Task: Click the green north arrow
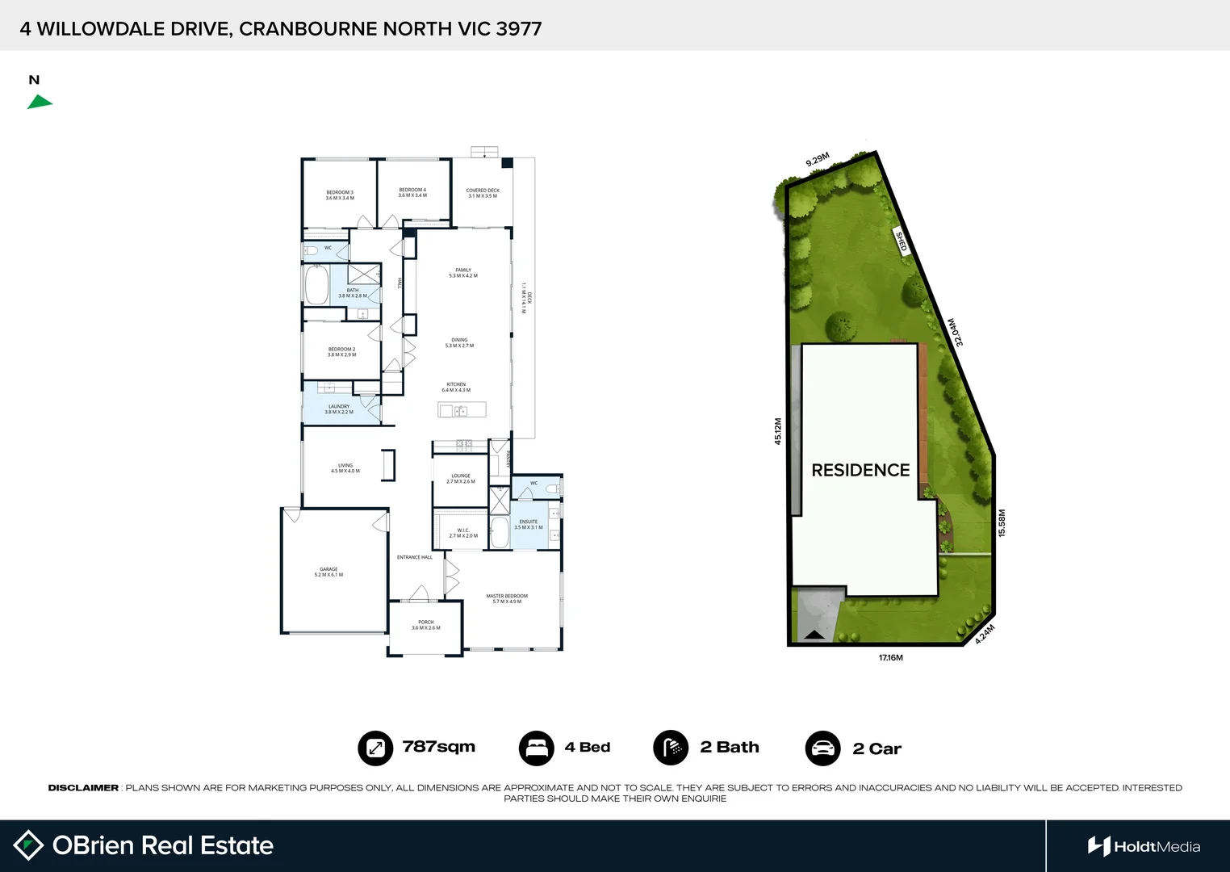point(40,102)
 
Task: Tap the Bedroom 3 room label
point(340,195)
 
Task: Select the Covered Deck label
point(483,193)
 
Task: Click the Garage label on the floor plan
point(328,572)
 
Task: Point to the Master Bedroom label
point(507,598)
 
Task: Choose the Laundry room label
point(339,409)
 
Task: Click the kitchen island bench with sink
point(462,410)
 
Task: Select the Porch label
point(426,625)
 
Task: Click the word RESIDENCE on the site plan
point(860,470)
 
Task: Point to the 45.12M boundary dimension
point(778,431)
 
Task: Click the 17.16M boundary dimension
point(891,658)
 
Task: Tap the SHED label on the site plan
point(902,241)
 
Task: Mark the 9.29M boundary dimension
point(818,160)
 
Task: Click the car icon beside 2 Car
point(822,748)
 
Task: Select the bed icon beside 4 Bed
point(536,748)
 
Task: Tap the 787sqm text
point(439,747)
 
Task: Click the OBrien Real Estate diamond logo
point(28,845)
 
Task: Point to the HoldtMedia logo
point(1144,846)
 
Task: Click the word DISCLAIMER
point(83,788)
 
